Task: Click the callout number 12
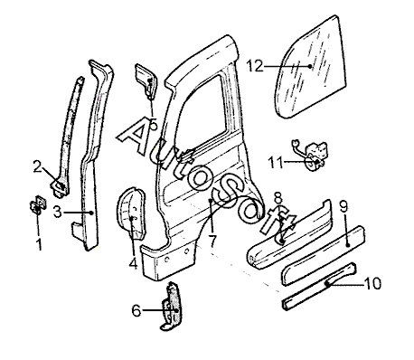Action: point(255,66)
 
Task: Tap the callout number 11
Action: point(276,163)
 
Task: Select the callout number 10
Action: point(372,283)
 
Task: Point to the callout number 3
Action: point(57,213)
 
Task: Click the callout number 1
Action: point(39,244)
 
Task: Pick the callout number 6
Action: point(136,310)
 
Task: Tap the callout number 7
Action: point(212,242)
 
